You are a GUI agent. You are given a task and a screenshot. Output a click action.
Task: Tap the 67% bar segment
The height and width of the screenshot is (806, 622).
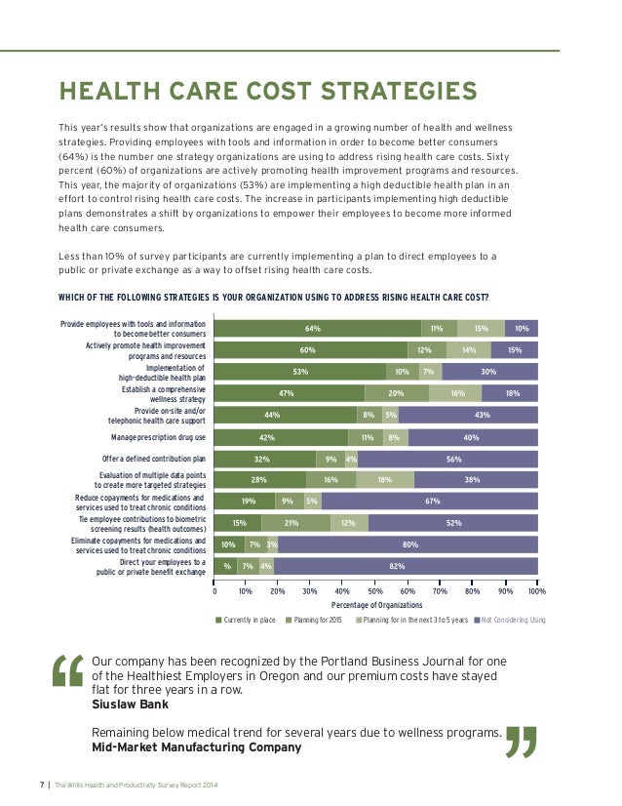pyautogui.click(x=430, y=501)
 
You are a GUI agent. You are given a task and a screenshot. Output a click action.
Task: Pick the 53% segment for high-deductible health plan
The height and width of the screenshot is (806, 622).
pyautogui.click(x=300, y=372)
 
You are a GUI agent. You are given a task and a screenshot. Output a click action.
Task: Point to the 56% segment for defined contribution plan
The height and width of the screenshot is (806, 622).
pyautogui.click(x=452, y=458)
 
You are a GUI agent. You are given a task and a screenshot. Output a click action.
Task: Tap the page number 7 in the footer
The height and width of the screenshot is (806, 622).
pyautogui.click(x=42, y=785)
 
